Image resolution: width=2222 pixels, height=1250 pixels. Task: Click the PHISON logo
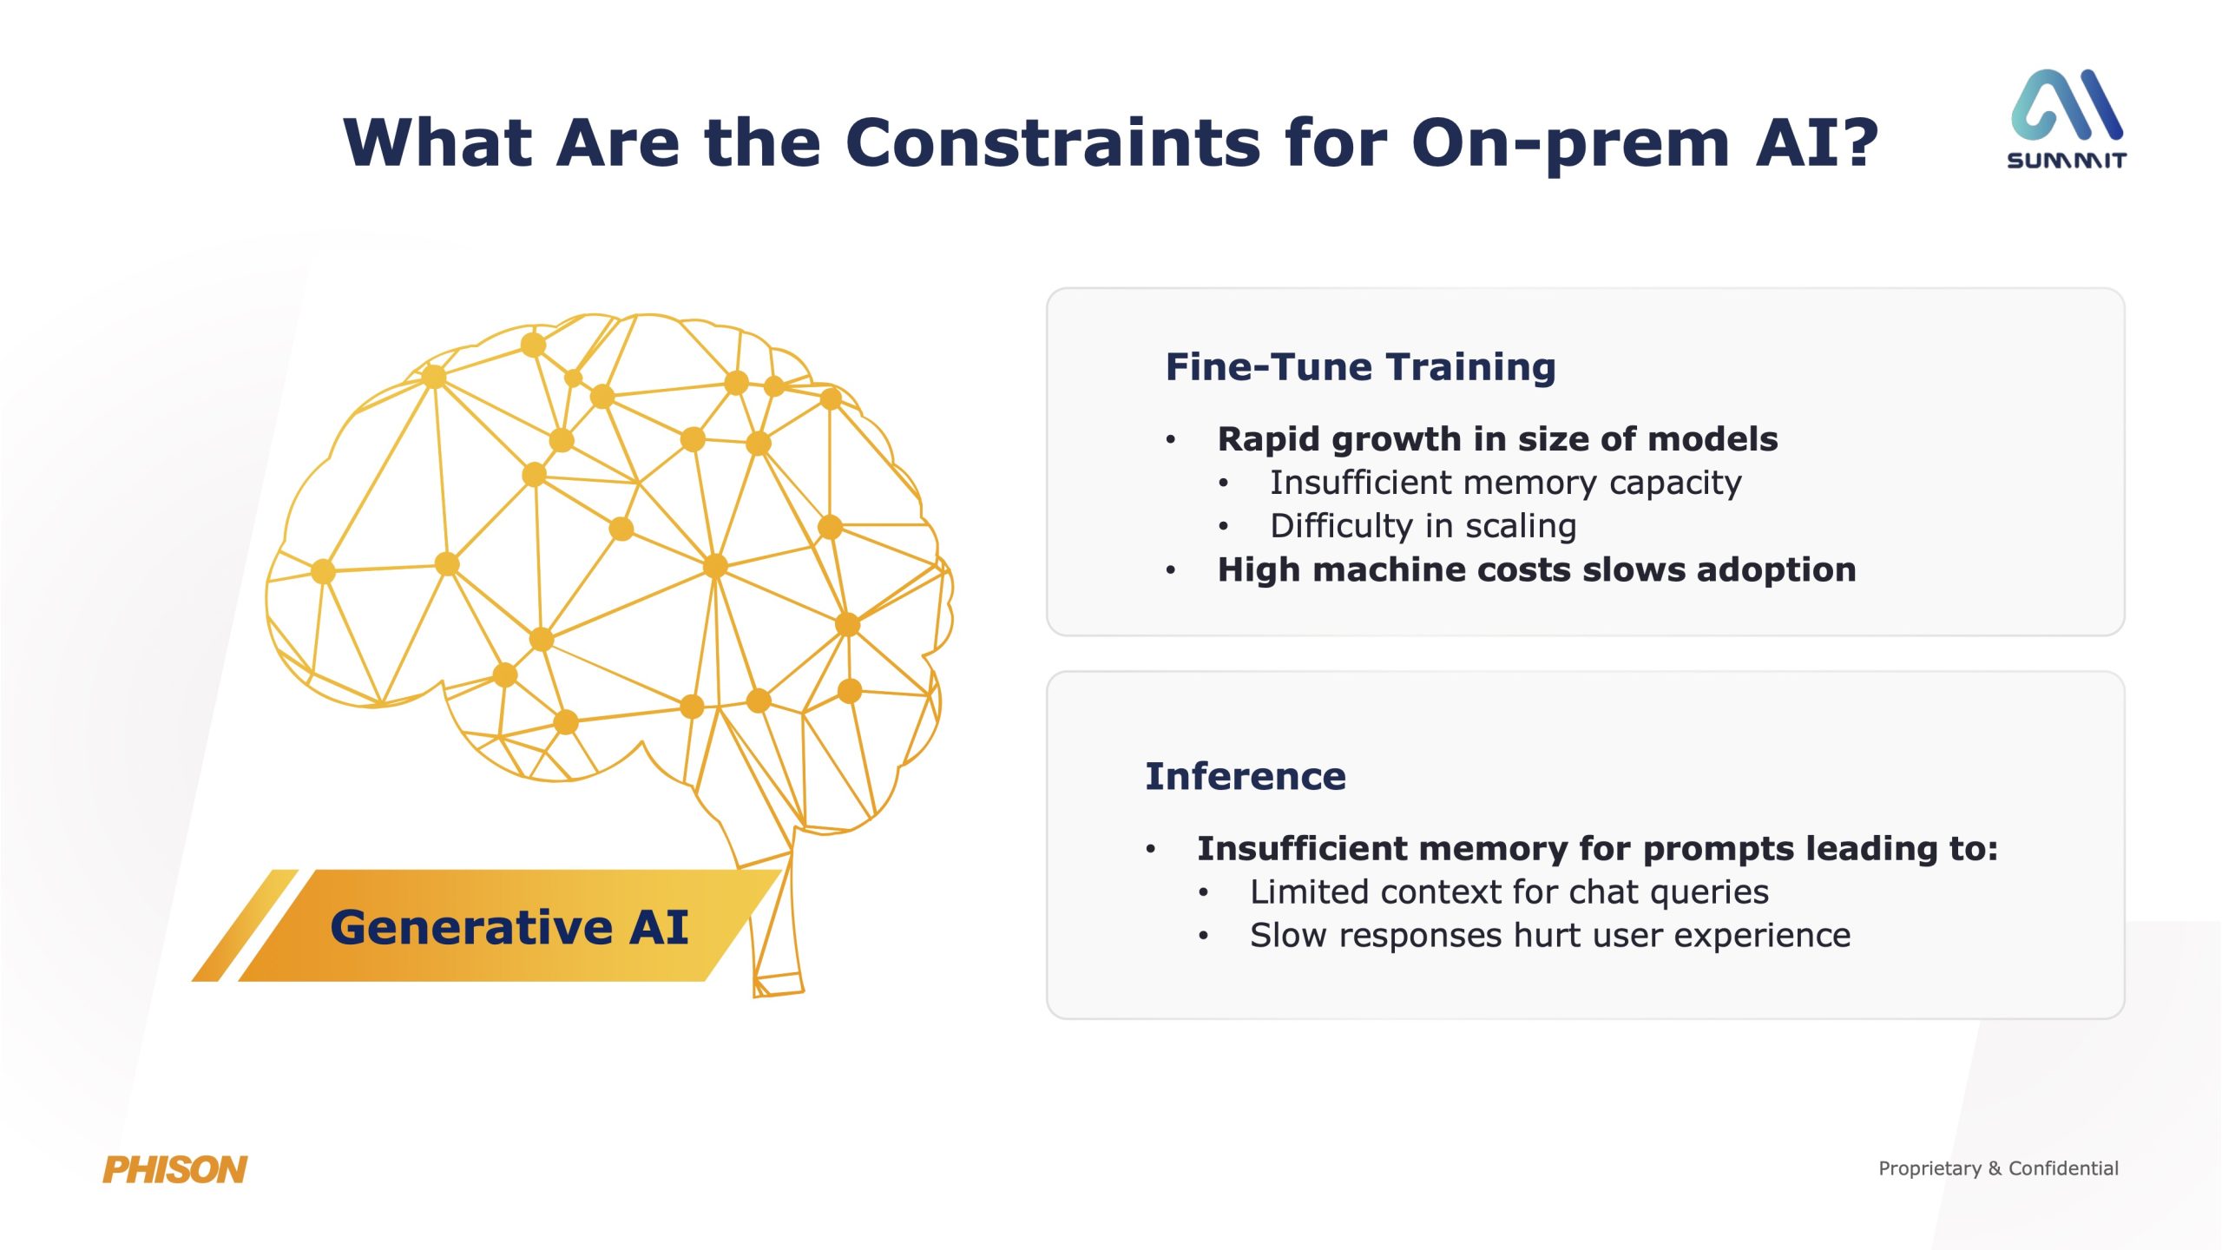pyautogui.click(x=174, y=1169)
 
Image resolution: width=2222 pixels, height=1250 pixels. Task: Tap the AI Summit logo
pyautogui.click(x=2067, y=119)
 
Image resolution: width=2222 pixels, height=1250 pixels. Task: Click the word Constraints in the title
pyautogui.click(x=1053, y=142)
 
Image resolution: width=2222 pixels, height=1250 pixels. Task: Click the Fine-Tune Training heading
pyautogui.click(x=1360, y=367)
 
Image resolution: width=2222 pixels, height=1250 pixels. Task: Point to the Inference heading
pyautogui.click(x=1246, y=776)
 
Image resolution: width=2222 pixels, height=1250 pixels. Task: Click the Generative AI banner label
pyautogui.click(x=509, y=926)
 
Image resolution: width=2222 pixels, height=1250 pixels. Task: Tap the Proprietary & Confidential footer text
pyautogui.click(x=1998, y=1168)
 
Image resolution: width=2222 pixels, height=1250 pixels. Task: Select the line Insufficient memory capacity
pyautogui.click(x=1505, y=483)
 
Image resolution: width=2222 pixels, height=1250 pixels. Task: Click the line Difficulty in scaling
pyautogui.click(x=1423, y=526)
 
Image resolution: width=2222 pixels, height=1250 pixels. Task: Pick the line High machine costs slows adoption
pyautogui.click(x=1536, y=569)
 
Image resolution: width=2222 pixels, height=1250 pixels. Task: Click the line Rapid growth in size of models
pyautogui.click(x=1497, y=439)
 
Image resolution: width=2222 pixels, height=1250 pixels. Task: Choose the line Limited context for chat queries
pyautogui.click(x=1509, y=892)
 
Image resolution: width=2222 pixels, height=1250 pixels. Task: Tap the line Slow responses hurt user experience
pyautogui.click(x=1550, y=936)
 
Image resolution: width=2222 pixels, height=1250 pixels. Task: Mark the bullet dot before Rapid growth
pyautogui.click(x=1171, y=440)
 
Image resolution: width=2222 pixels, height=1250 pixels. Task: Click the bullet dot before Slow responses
pyautogui.click(x=1203, y=936)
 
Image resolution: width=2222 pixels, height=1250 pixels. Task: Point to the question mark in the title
pyautogui.click(x=1855, y=141)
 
